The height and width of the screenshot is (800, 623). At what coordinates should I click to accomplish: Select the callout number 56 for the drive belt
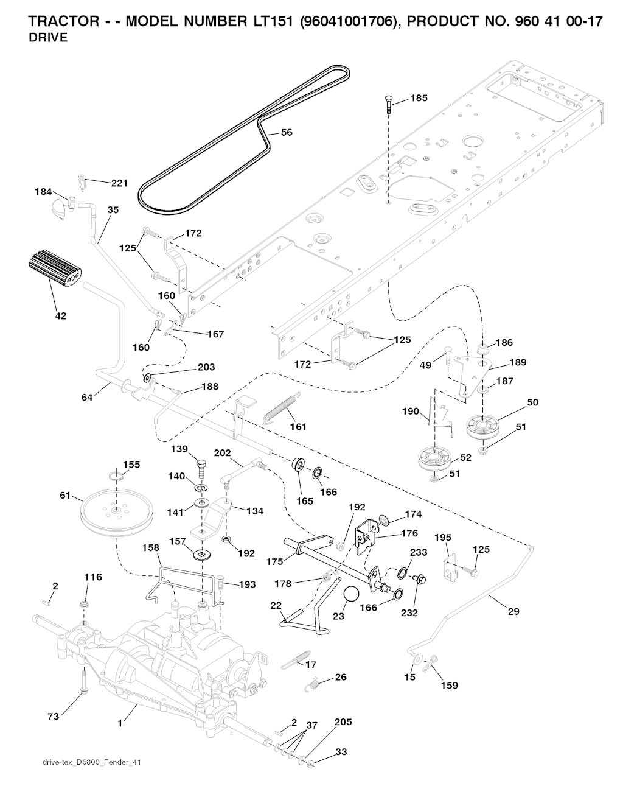point(287,132)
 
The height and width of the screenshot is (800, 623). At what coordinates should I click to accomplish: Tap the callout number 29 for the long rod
point(513,611)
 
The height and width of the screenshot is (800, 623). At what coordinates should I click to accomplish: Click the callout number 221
point(119,183)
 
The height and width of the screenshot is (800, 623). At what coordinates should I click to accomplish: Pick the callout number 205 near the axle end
point(343,722)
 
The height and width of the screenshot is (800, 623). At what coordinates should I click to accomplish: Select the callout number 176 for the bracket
point(409,533)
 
